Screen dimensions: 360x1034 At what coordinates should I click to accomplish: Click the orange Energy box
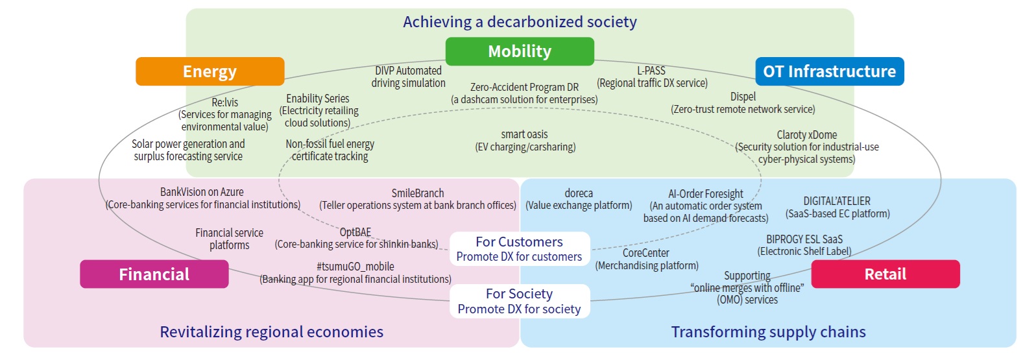[210, 71]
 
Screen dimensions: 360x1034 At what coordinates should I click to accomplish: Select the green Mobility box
[520, 51]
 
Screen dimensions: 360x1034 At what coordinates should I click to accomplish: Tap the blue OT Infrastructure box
[829, 71]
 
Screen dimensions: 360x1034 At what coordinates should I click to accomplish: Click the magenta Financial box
[154, 274]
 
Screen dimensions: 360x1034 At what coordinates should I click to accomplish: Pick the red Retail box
[885, 274]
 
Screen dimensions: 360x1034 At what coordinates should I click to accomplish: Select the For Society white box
[520, 302]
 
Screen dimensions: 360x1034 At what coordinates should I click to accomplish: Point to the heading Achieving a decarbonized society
[520, 22]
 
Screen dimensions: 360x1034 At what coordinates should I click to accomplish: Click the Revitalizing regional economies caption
[272, 332]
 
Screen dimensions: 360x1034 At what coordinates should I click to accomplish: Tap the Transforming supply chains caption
[768, 332]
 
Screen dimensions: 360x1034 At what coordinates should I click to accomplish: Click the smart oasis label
[525, 135]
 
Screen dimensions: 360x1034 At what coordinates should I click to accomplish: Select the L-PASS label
[651, 71]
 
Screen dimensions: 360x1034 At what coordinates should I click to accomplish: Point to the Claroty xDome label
[807, 135]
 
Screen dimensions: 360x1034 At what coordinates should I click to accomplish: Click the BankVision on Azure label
[202, 192]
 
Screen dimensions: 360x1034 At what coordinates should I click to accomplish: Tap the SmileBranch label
[418, 193]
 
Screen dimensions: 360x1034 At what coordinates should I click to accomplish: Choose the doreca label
[579, 193]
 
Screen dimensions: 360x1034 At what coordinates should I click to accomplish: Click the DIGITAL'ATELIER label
[837, 201]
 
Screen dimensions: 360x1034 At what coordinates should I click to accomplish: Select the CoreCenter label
[646, 253]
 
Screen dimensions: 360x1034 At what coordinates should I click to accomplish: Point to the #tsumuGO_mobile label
[355, 267]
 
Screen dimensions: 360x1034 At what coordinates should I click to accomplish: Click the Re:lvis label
[225, 102]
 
